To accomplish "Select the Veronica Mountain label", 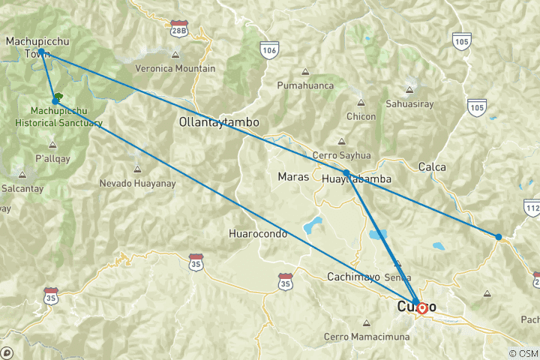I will coord(175,68).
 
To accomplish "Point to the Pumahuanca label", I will coord(305,86).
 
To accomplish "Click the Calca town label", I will coord(433,166).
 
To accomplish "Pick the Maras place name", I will coord(292,178).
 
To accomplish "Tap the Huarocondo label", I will coord(258,234).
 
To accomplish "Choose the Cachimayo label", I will coord(351,277).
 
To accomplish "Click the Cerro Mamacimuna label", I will coord(367,337).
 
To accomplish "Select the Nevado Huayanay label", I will coord(137,183).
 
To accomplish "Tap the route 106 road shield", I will coord(270,49).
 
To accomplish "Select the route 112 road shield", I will coord(532,208).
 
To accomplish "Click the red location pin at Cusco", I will coord(422,307).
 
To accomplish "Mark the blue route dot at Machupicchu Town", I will coord(42,52).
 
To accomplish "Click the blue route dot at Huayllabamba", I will coord(346,172).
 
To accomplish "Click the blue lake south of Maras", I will coord(312,223).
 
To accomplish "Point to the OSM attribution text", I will coord(523,353).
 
